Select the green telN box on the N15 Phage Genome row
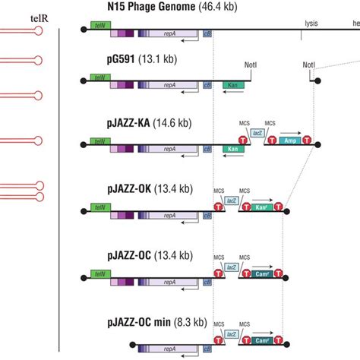99,25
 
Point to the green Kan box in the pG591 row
233,87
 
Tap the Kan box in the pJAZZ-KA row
233,150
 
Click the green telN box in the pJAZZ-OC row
99,273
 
